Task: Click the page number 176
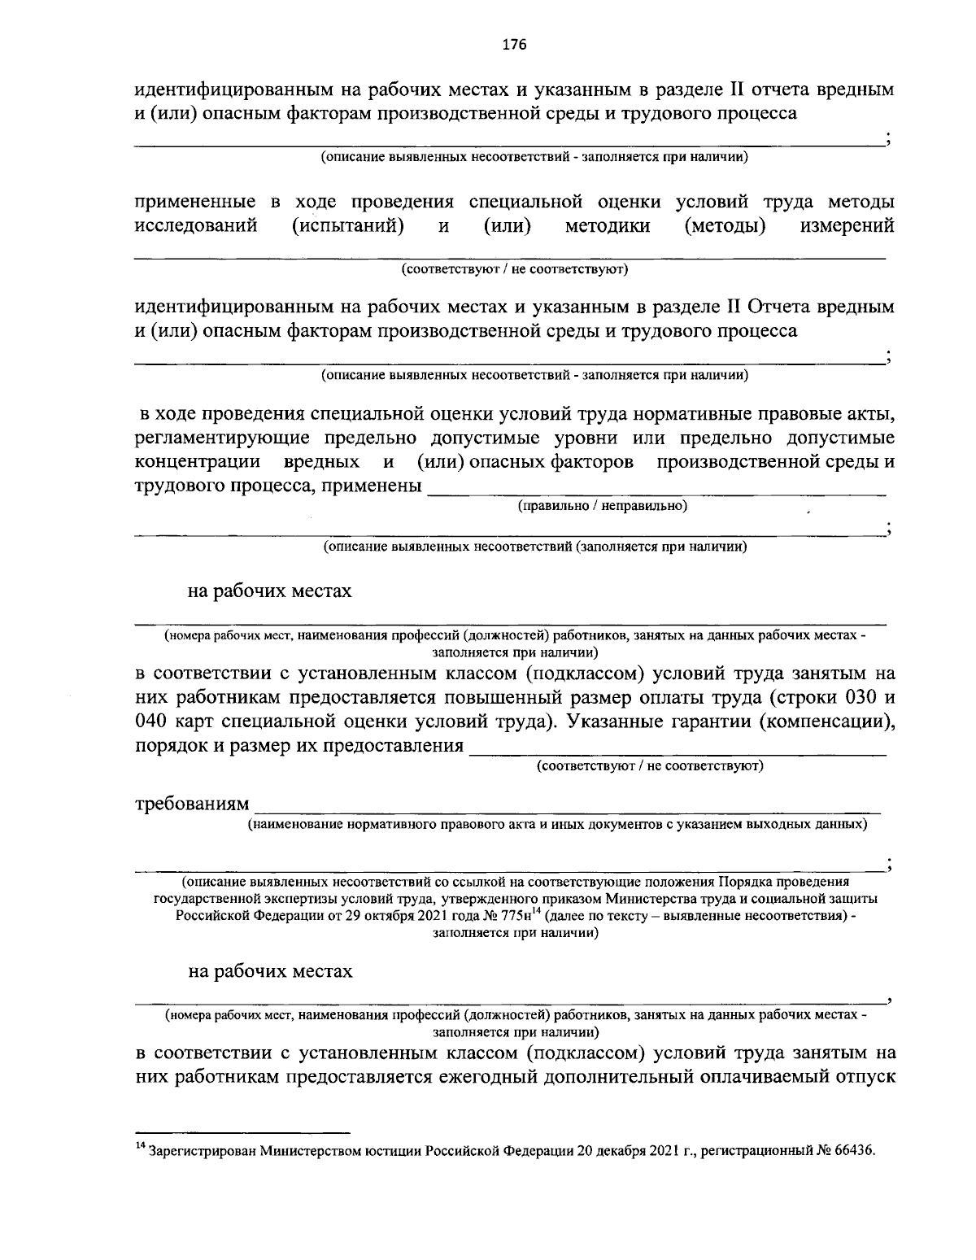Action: click(515, 45)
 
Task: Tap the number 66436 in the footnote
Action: click(852, 1151)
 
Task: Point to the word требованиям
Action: click(192, 804)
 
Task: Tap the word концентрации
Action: click(197, 463)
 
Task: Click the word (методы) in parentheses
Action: click(726, 225)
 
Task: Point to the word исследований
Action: click(195, 225)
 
